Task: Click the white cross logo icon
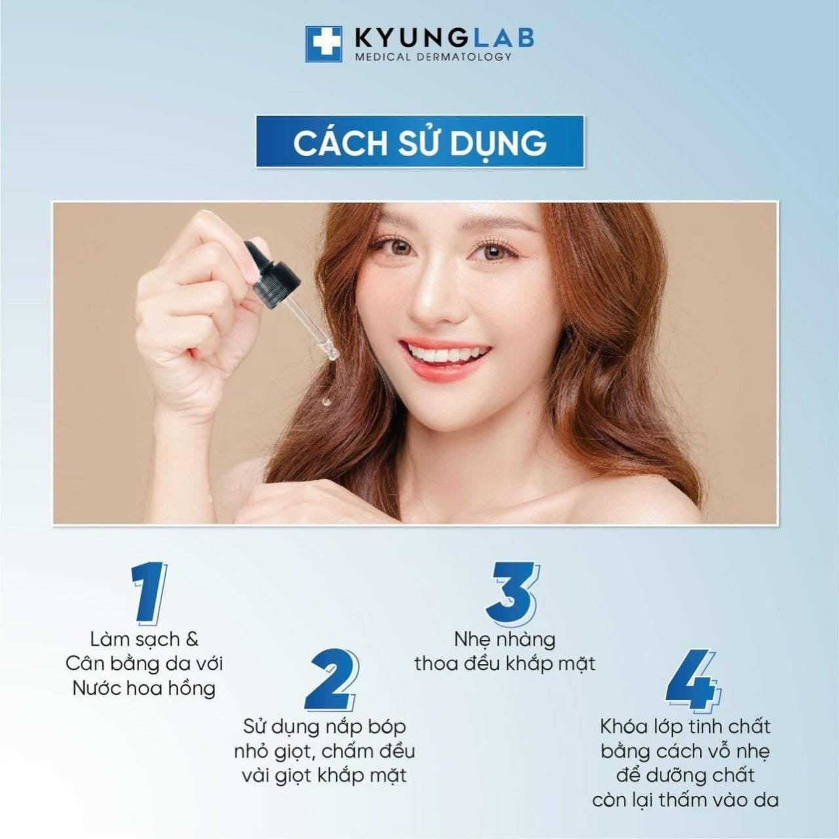pyautogui.click(x=324, y=44)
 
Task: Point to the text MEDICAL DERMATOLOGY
pyautogui.click(x=433, y=56)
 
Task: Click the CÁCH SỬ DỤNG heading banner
pyautogui.click(x=419, y=142)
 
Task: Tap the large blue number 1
pyautogui.click(x=150, y=592)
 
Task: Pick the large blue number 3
pyautogui.click(x=512, y=592)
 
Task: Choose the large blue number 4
pyautogui.click(x=693, y=680)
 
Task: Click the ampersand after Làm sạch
pyautogui.click(x=191, y=640)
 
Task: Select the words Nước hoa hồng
pyautogui.click(x=144, y=688)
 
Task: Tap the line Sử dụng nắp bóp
pyautogui.click(x=325, y=727)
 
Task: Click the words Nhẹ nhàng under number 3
pyautogui.click(x=505, y=640)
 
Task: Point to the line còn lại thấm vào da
pyautogui.click(x=686, y=800)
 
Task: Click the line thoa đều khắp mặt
pyautogui.click(x=505, y=665)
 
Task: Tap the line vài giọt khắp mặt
pyautogui.click(x=325, y=776)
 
